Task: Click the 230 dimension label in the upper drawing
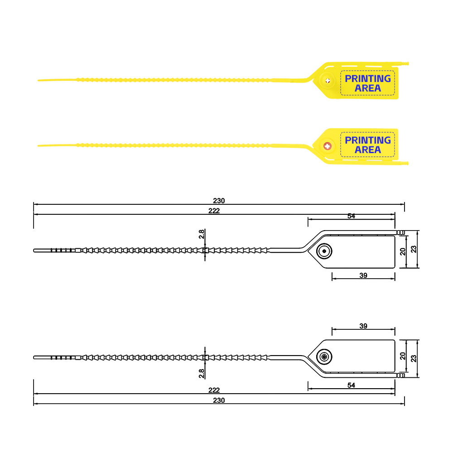tap(219, 201)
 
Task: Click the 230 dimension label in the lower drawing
tap(219, 400)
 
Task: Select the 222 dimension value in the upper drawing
tap(214, 211)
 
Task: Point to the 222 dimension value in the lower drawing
tap(214, 390)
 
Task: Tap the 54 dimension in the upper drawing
tap(352, 216)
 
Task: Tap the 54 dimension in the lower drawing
tap(352, 385)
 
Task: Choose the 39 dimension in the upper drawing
tap(363, 275)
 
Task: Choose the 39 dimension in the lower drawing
tap(363, 326)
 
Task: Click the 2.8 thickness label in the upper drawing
tap(202, 234)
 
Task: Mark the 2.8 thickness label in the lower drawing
tap(202, 374)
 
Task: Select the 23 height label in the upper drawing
tap(414, 249)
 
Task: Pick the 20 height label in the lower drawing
tap(403, 356)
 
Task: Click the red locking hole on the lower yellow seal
tap(328, 146)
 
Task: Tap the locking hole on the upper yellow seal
tap(328, 81)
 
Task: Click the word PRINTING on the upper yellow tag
tap(368, 78)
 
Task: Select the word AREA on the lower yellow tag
tap(368, 150)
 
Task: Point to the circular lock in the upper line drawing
tap(324, 251)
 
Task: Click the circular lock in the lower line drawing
tap(324, 357)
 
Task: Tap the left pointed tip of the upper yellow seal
tap(38, 80)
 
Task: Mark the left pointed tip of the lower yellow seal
tap(38, 145)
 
